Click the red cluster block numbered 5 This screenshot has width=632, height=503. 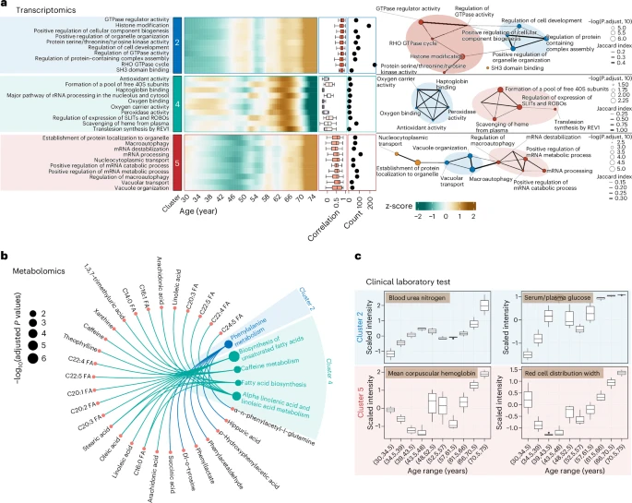(x=177, y=162)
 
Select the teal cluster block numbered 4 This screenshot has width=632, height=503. (x=177, y=102)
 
